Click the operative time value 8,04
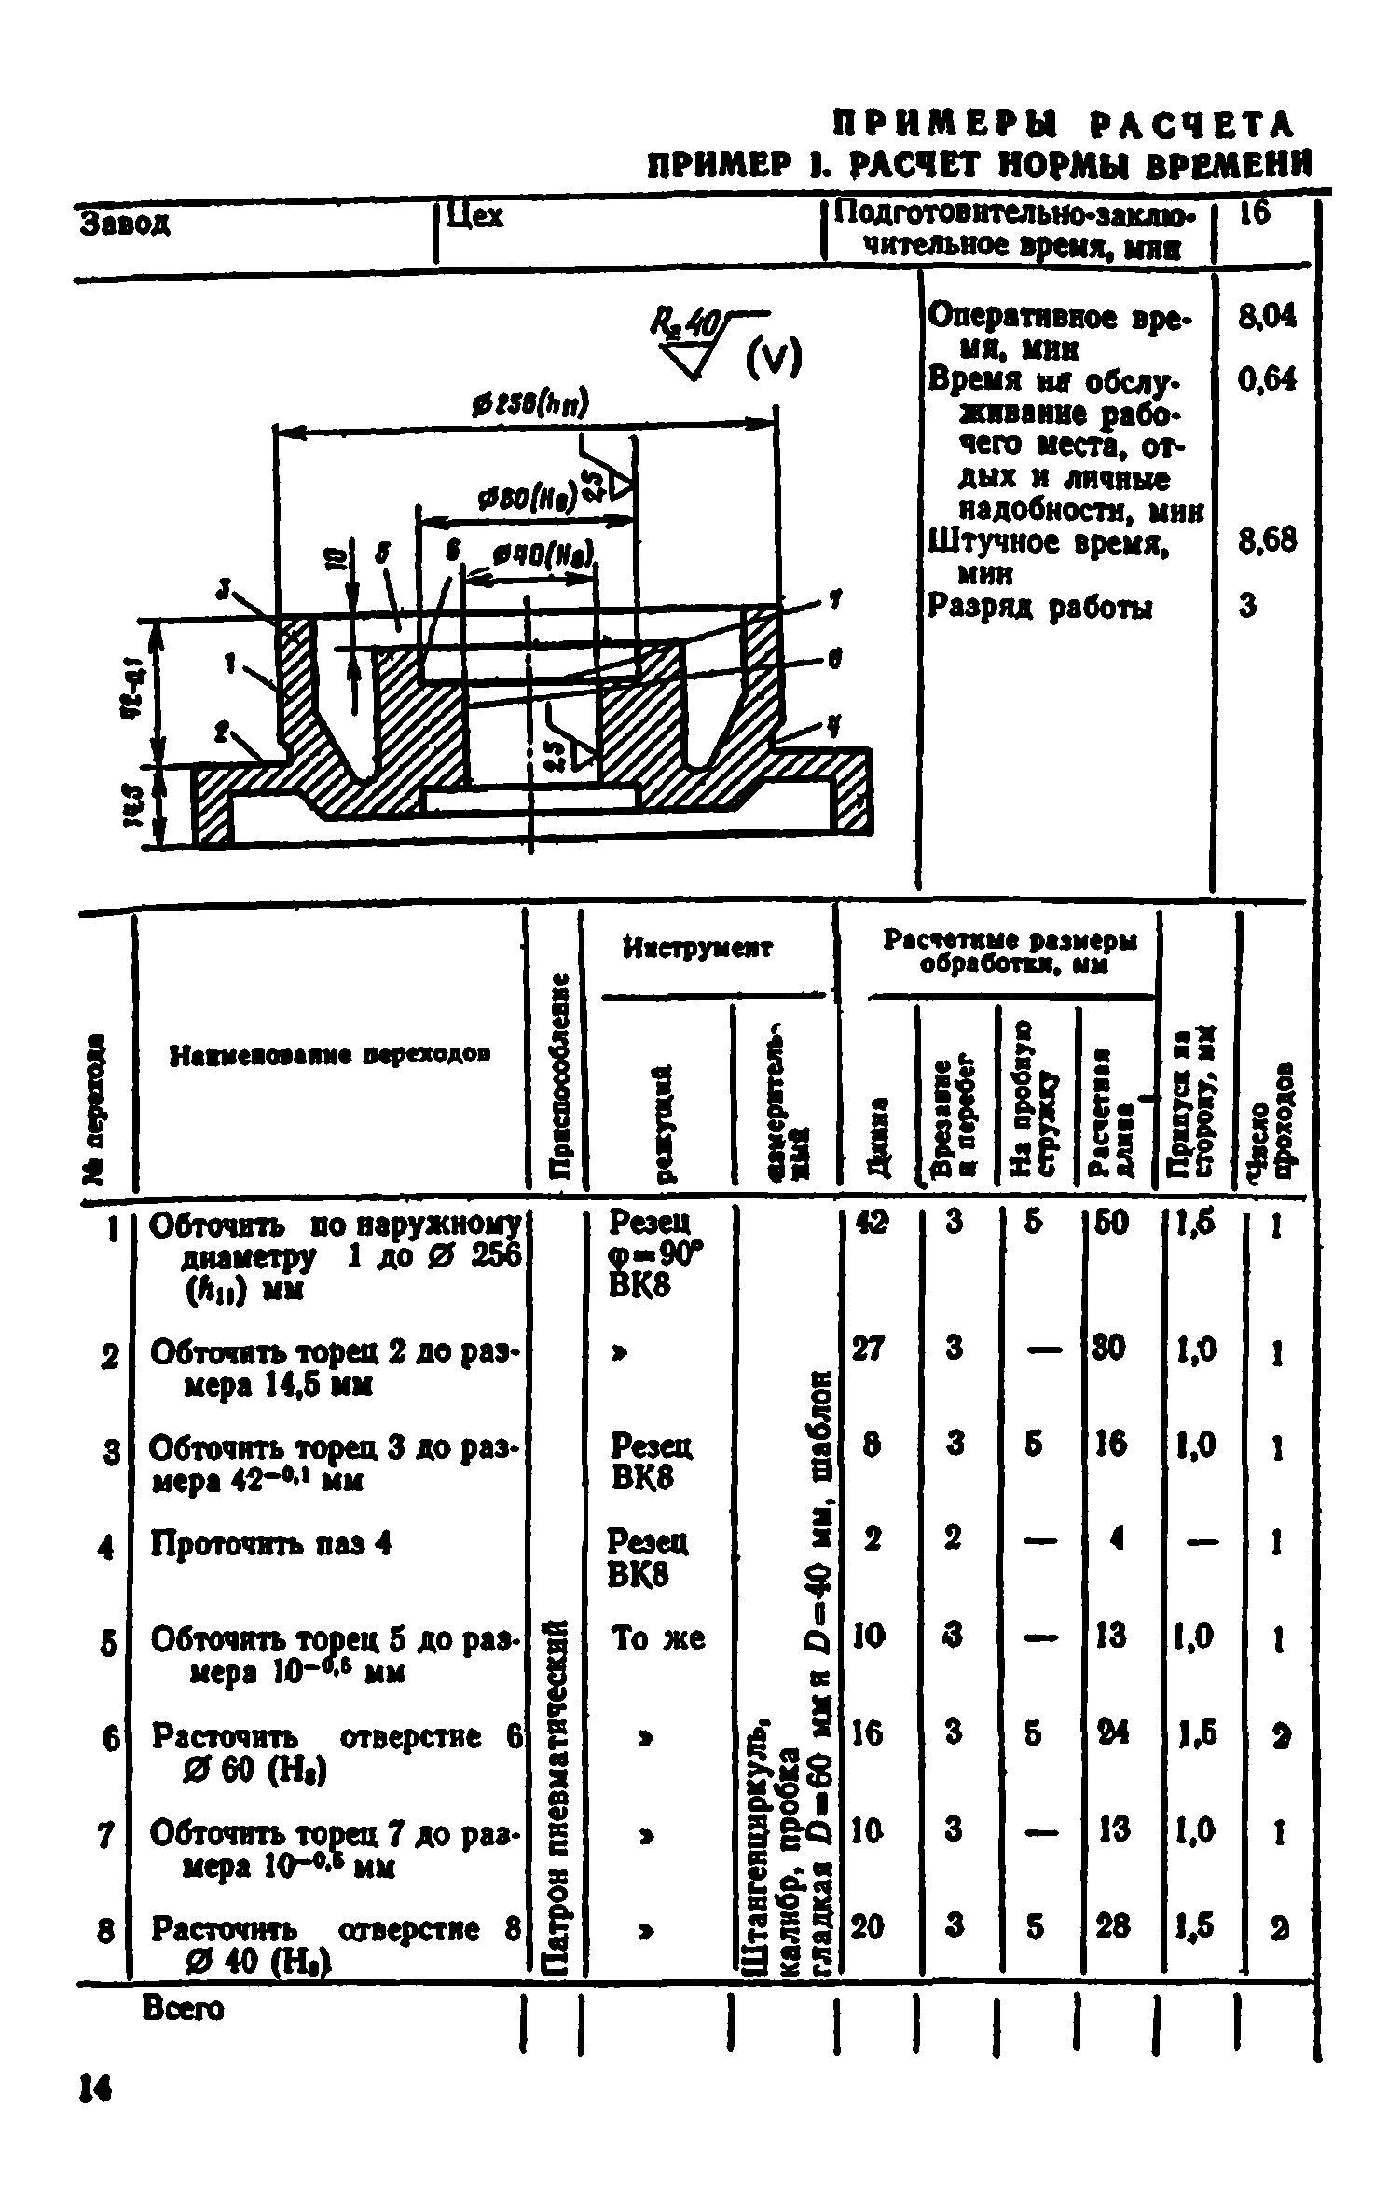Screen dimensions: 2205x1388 [1266, 318]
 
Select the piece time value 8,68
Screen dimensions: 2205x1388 [1266, 541]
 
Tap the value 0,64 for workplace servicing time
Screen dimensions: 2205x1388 [1266, 379]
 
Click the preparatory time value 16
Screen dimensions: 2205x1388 [1255, 214]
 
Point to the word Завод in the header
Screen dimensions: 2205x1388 [127, 225]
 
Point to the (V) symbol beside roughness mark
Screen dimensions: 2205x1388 [774, 357]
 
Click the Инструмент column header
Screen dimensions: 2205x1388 [698, 949]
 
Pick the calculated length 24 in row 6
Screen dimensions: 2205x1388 [1111, 1732]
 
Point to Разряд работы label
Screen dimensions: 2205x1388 [1039, 608]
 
